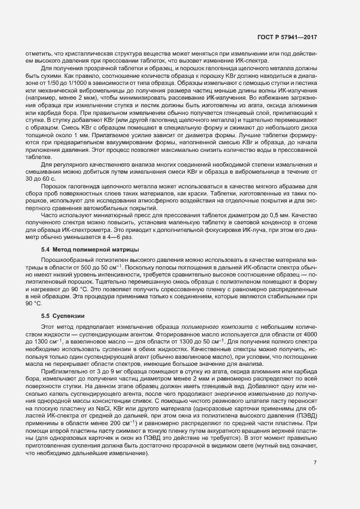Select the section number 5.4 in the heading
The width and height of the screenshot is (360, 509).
click(x=46, y=249)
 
